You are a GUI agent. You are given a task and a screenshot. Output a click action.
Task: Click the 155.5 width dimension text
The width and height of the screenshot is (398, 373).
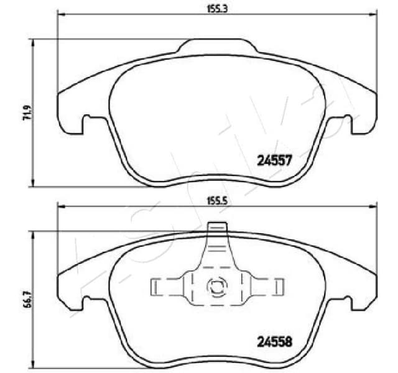[x=216, y=200]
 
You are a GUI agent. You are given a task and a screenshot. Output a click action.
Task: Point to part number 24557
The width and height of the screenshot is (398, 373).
[x=274, y=159]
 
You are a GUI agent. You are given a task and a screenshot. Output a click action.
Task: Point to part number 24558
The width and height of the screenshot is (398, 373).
[x=274, y=341]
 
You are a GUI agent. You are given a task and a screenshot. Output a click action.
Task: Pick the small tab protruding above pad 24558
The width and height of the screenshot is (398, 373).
[x=216, y=227]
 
